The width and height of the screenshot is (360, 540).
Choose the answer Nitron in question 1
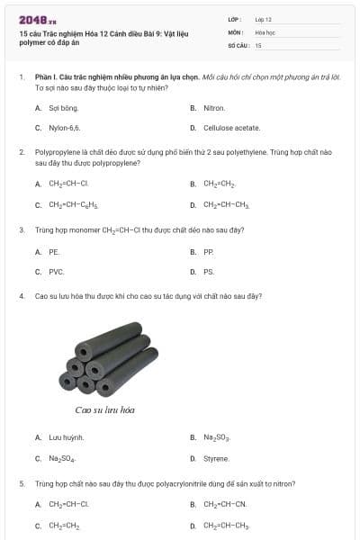pos(214,107)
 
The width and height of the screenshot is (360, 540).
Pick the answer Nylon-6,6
pos(64,128)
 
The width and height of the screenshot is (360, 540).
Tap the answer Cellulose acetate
pos(231,128)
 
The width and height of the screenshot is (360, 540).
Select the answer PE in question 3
pos(54,252)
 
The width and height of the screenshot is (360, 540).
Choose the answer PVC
pos(56,271)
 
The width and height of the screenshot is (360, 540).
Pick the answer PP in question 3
pos(209,252)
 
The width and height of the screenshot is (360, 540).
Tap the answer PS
pos(209,271)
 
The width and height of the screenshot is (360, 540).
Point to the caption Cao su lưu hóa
pos(105,410)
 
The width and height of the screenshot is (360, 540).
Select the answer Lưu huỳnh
pos(66,437)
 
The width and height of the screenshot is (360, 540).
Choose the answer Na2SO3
pos(217,437)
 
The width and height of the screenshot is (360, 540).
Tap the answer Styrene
pos(216,458)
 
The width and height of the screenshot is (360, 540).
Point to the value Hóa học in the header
pos(265,31)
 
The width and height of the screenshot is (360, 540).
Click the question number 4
pos(22,295)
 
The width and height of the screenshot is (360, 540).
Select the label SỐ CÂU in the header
pos(237,44)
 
